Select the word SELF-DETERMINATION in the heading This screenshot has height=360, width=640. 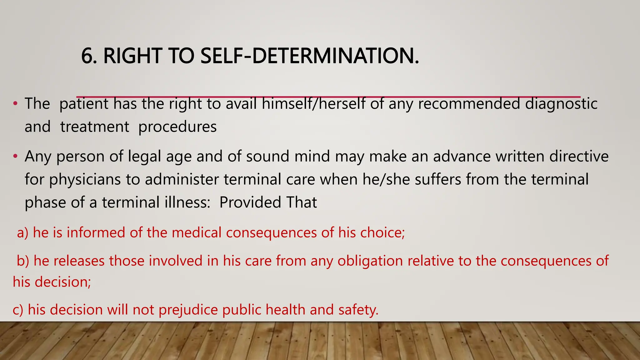pyautogui.click(x=309, y=56)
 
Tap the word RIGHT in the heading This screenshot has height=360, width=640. pyautogui.click(x=132, y=56)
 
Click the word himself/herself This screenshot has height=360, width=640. pyautogui.click(x=313, y=103)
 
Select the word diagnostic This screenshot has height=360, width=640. pyautogui.click(x=561, y=103)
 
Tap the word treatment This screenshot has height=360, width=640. pyautogui.click(x=95, y=127)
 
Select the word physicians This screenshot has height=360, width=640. pyautogui.click(x=85, y=180)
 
